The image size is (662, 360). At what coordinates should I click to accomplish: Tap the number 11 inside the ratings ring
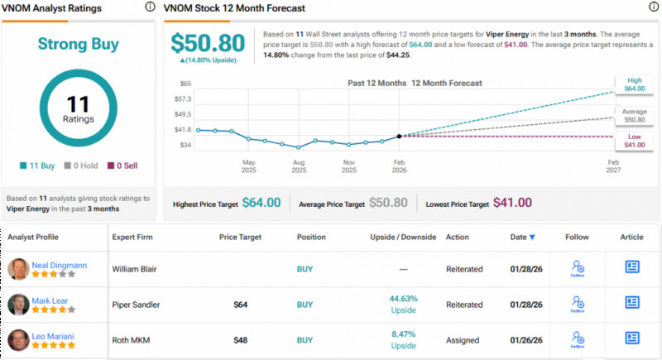78,103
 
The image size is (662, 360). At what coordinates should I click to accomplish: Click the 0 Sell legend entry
123,166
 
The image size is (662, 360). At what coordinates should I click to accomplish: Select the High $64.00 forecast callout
634,83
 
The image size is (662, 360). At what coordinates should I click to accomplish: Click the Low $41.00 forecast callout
634,139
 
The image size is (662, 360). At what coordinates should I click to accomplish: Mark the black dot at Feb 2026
400,136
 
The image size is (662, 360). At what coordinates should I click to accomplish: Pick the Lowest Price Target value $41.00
512,203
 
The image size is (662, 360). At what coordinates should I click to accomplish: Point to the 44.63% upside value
404,300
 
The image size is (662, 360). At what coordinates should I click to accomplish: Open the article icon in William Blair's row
632,268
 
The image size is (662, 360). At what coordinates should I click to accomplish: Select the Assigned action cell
465,339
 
